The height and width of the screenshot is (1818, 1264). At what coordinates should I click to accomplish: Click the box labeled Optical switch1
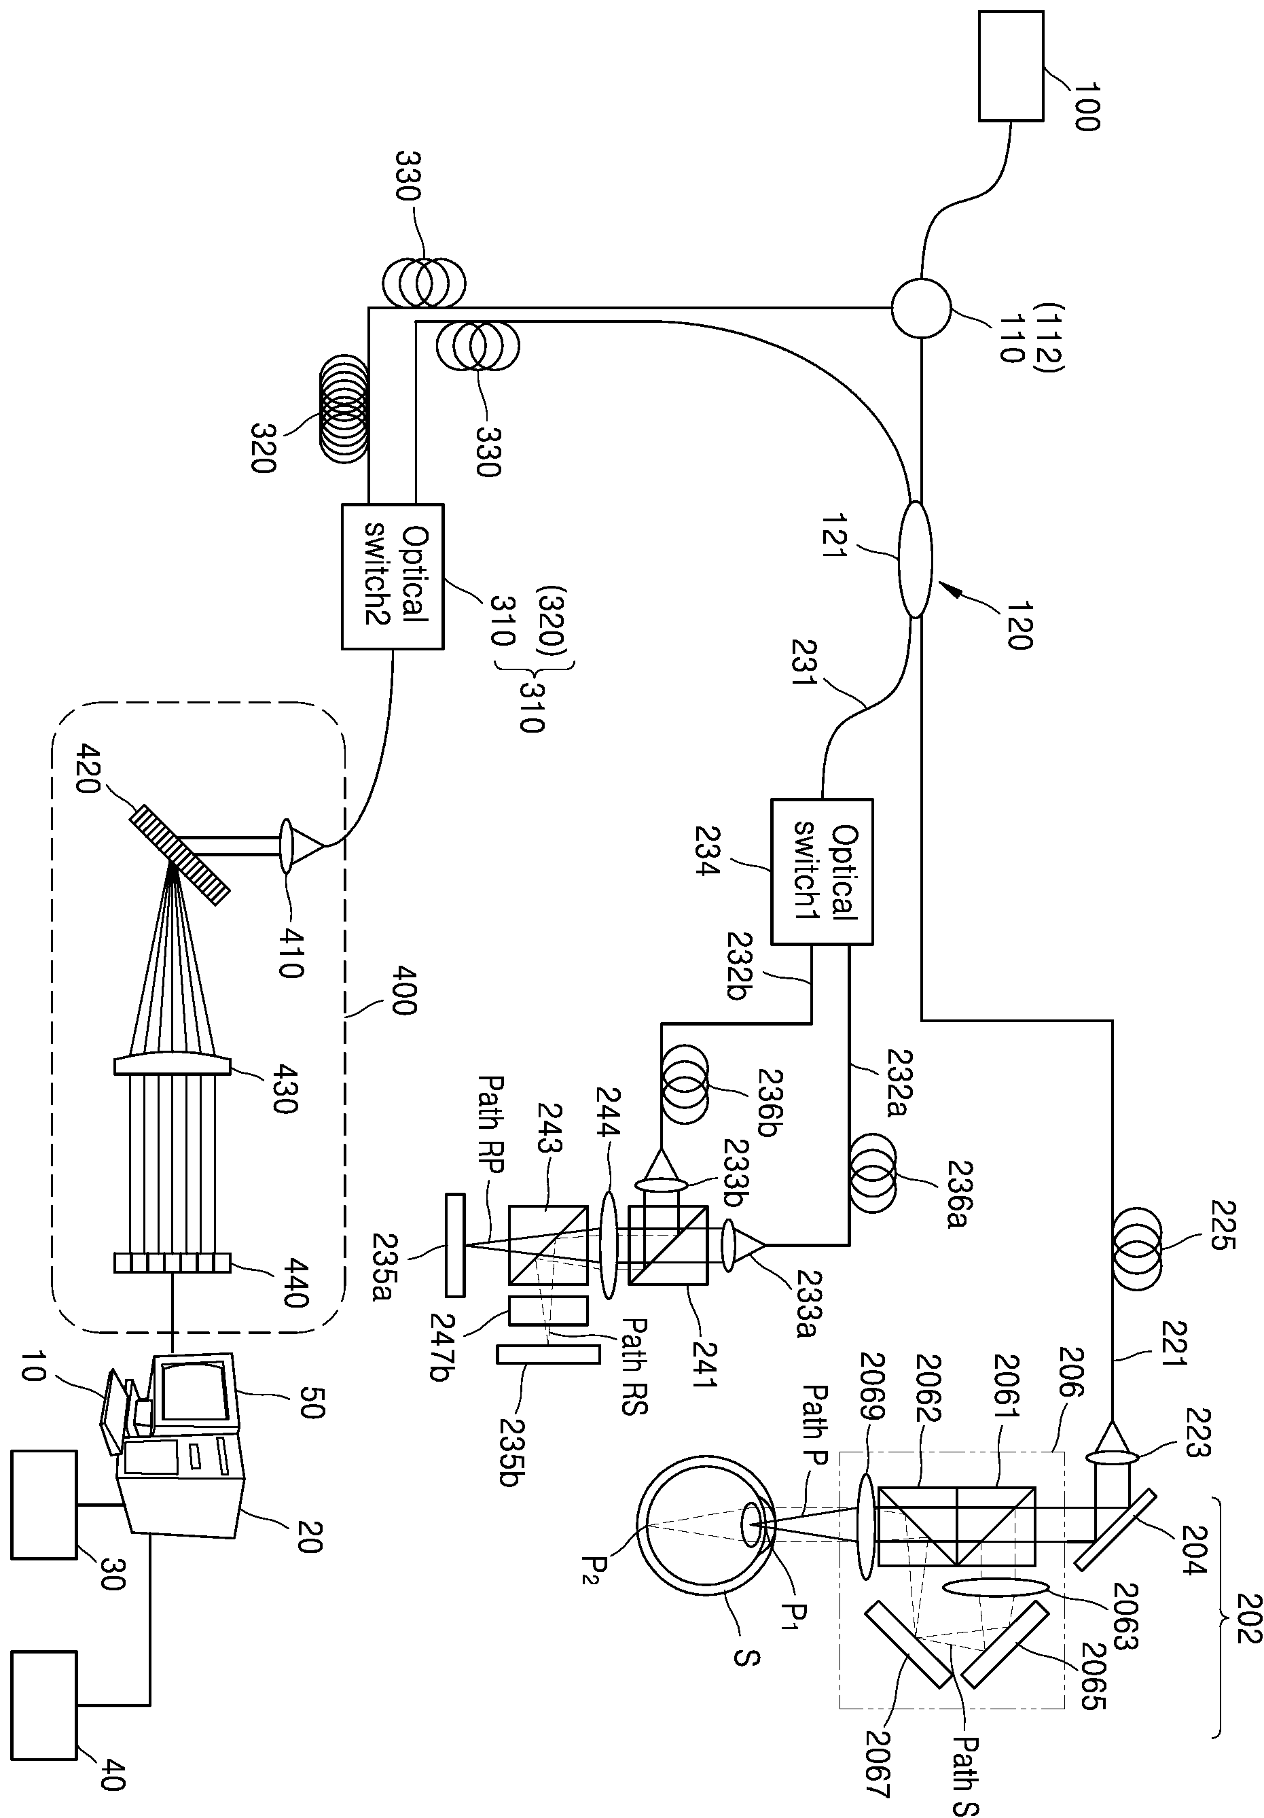click(x=823, y=871)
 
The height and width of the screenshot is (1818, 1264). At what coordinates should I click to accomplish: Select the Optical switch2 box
click(x=393, y=576)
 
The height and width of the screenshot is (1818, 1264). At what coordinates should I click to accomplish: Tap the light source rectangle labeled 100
click(x=1011, y=66)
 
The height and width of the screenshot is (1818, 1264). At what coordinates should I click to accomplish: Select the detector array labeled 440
click(x=173, y=1262)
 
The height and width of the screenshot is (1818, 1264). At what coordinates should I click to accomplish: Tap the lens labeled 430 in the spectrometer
click(x=173, y=1064)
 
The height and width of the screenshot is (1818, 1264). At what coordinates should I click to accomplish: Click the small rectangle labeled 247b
click(x=549, y=1310)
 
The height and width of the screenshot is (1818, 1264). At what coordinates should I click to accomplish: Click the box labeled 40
click(x=44, y=1704)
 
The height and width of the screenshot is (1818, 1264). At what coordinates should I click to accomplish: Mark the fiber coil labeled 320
click(x=344, y=411)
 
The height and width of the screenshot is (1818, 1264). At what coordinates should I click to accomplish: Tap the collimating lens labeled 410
click(x=286, y=845)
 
